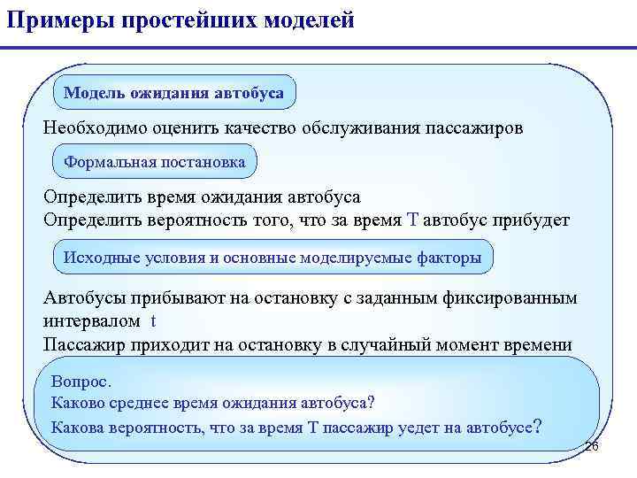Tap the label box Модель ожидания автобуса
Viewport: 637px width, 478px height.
coord(174,93)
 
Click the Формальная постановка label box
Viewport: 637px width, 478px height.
coord(155,163)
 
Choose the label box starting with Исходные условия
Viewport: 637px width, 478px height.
coord(272,258)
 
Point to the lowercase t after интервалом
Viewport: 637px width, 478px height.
coord(154,320)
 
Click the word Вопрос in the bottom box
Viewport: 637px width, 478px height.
coord(81,382)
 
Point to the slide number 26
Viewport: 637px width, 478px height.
coord(592,447)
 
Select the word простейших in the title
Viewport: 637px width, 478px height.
coord(183,19)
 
